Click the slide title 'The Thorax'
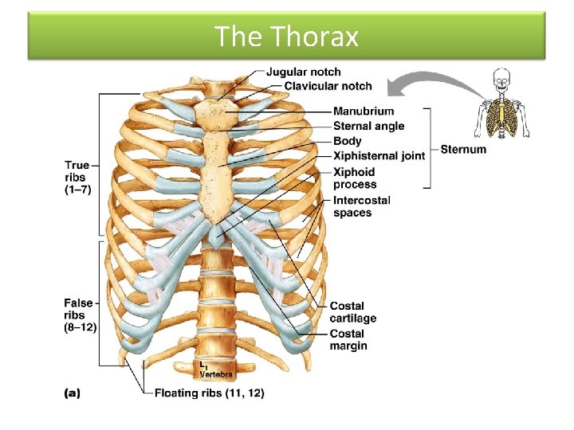coord(286,37)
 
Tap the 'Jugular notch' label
coord(303,72)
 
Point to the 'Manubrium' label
coord(363,111)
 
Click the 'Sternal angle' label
coord(368,126)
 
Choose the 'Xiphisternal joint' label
coord(379,156)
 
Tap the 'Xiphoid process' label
coord(354,178)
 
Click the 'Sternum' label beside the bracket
coord(462,149)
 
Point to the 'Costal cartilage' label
coord(352,312)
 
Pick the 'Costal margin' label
coord(348,340)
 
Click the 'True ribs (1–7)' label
coord(77,178)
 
